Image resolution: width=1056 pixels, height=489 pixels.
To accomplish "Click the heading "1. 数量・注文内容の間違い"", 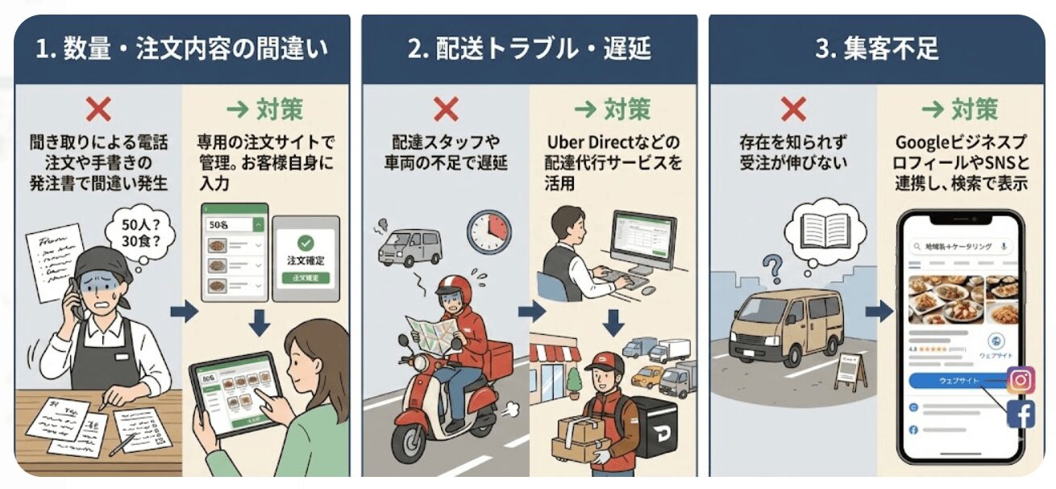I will point(181,49).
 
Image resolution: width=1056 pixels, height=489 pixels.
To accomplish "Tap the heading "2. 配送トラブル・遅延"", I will point(529,49).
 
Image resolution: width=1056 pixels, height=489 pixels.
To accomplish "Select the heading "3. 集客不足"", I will point(876,49).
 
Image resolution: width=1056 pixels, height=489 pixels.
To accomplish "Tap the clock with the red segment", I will point(489,230).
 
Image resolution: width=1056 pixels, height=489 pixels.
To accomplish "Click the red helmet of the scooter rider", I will point(453,288).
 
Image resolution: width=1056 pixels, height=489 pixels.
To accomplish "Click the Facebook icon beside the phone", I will point(1021,415).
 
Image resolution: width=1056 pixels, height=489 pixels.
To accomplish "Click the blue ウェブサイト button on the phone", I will point(957,380).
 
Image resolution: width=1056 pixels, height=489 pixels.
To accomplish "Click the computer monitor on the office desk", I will point(642,240).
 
